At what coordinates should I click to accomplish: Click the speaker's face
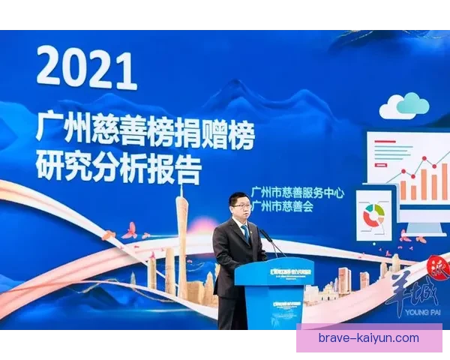tap(239, 206)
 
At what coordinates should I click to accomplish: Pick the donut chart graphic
tap(373, 216)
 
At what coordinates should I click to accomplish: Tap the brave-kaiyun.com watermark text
tap(368, 338)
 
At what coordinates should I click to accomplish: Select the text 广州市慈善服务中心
tap(297, 192)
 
